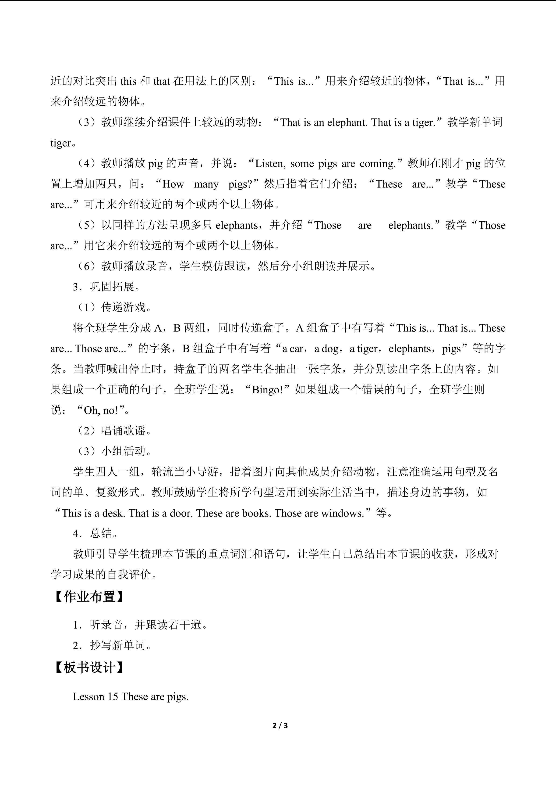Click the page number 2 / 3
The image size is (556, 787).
click(x=280, y=726)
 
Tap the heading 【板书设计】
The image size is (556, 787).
click(x=89, y=667)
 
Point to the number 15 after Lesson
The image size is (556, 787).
click(x=112, y=697)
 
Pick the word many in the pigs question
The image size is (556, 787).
click(x=206, y=184)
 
